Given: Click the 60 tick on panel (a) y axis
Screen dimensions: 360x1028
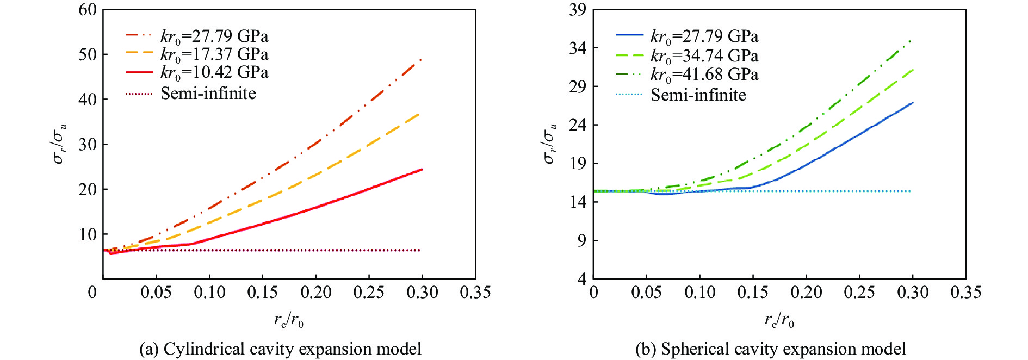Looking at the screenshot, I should click(87, 10).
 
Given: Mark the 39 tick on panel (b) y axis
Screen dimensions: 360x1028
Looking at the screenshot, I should click(578, 10).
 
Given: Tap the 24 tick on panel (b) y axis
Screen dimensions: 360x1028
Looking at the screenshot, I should click(578, 125).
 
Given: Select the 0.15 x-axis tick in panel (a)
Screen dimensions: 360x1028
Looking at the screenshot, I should click(263, 293).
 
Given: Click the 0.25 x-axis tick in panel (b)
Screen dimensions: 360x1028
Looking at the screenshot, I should click(859, 293).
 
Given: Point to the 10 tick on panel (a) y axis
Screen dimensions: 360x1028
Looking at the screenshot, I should click(87, 234).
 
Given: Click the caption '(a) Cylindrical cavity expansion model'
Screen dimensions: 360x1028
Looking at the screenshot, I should click(280, 349).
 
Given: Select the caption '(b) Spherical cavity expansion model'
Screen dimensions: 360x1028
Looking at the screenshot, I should click(771, 349).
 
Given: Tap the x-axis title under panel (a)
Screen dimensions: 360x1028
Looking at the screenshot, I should click(288, 320).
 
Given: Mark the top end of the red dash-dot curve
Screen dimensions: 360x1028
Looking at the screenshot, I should click(421, 59).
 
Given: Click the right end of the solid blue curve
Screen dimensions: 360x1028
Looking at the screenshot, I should click(913, 103).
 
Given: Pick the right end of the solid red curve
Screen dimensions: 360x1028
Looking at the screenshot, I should click(422, 170).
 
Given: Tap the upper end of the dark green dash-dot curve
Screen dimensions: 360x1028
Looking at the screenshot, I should click(911, 40).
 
